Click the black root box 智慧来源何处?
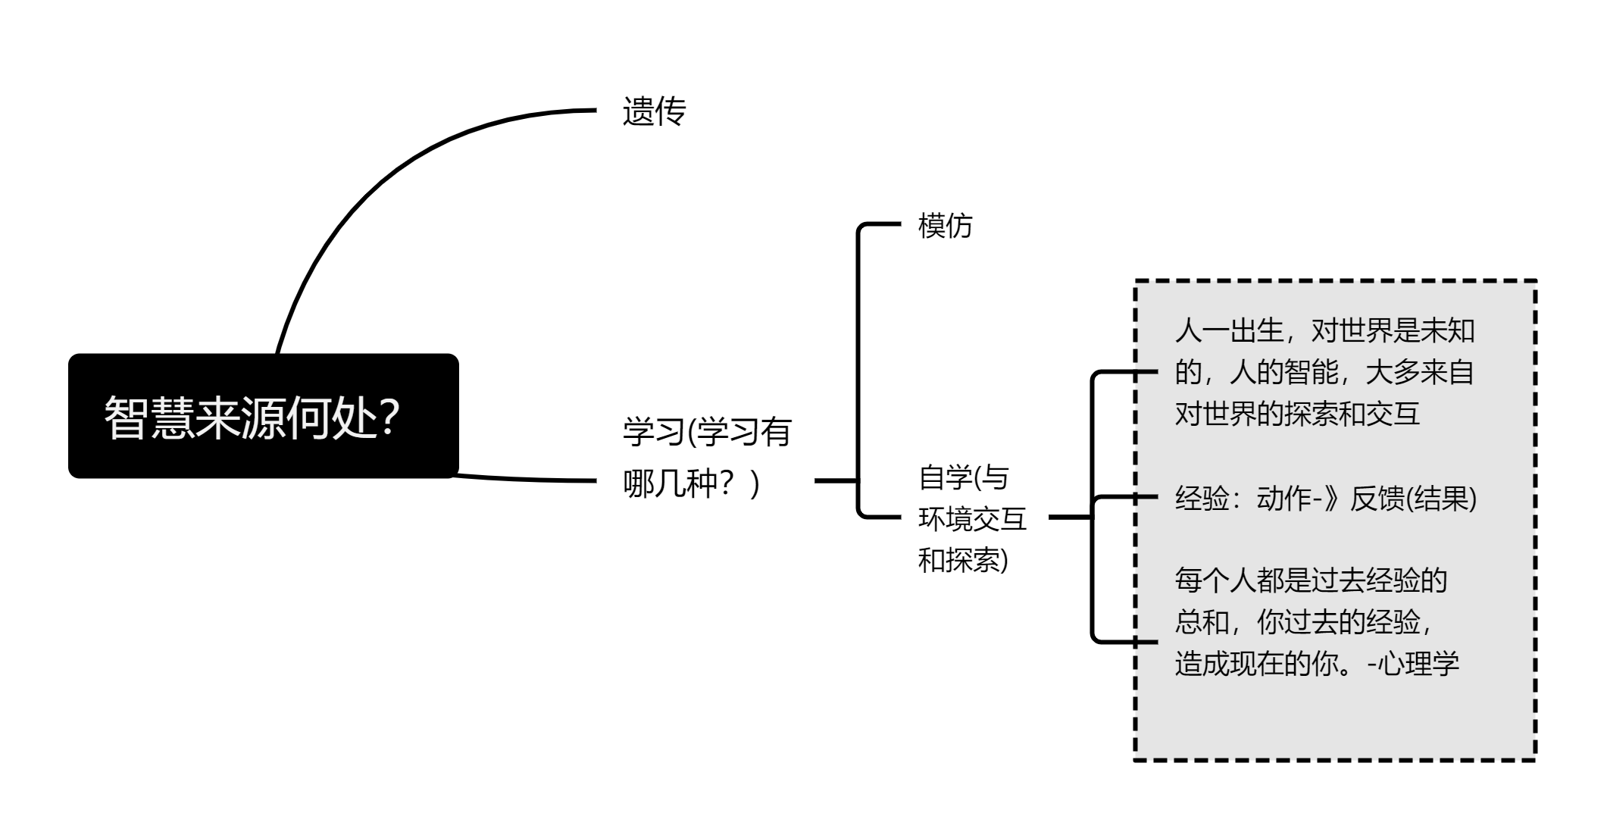pyautogui.click(x=264, y=416)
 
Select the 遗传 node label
pyautogui.click(x=654, y=111)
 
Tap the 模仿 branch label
pyautogui.click(x=945, y=225)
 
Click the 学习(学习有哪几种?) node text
pyautogui.click(x=707, y=457)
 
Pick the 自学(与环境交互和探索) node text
pyautogui.click(x=972, y=519)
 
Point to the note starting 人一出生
pyautogui.click(x=1324, y=372)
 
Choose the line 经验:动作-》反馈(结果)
pyautogui.click(x=1325, y=499)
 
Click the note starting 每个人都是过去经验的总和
pyautogui.click(x=1317, y=622)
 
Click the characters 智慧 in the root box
pyautogui.click(x=149, y=417)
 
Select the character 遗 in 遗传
pyautogui.click(x=638, y=111)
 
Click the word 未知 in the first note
pyautogui.click(x=1448, y=330)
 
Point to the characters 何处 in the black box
pyautogui.click(x=332, y=417)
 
